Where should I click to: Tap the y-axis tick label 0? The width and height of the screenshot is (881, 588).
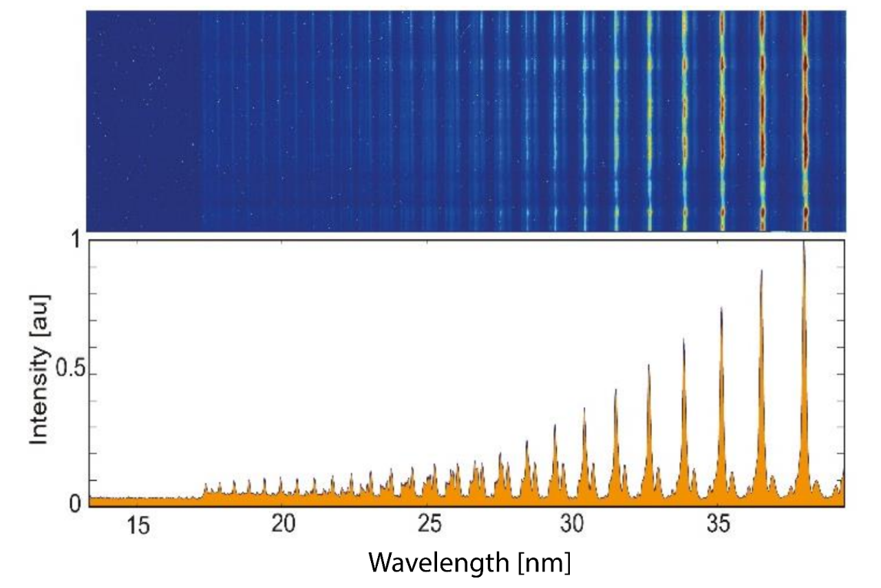75,504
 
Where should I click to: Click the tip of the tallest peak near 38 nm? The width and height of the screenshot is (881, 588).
804,242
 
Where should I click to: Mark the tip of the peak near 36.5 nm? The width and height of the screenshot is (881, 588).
761,271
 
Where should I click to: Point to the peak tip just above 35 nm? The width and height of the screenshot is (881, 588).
721,308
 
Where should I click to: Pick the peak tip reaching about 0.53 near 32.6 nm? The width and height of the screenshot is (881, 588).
648,365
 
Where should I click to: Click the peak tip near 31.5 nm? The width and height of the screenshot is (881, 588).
615,390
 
